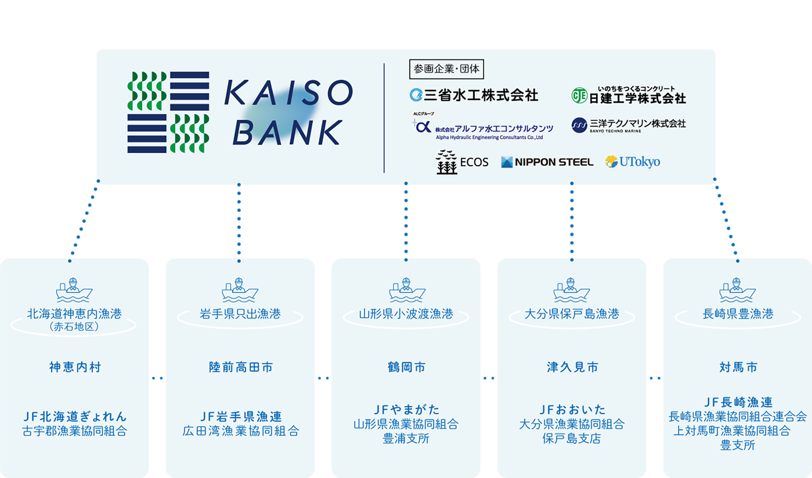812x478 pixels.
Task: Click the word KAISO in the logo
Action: pyautogui.click(x=288, y=93)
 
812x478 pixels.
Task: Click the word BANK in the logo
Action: pyautogui.click(x=287, y=132)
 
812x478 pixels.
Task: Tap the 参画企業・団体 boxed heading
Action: pyautogui.click(x=446, y=69)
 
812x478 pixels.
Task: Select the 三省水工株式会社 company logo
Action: pyautogui.click(x=474, y=95)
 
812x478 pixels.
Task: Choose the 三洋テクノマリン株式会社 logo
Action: pyautogui.click(x=629, y=125)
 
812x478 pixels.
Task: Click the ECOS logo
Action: pyautogui.click(x=462, y=162)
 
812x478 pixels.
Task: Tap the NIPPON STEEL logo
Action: pyautogui.click(x=547, y=162)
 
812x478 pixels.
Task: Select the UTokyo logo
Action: pyautogui.click(x=633, y=162)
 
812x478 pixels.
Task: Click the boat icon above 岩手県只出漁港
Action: pyautogui.click(x=239, y=290)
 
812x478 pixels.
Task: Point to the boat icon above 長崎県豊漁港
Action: pyautogui.click(x=737, y=290)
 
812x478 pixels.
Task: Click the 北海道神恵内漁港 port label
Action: pyautogui.click(x=74, y=314)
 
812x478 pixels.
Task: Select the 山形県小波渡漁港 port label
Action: pyautogui.click(x=406, y=314)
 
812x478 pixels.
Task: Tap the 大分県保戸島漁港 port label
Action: pyautogui.click(x=572, y=314)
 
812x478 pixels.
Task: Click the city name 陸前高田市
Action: pyautogui.click(x=241, y=367)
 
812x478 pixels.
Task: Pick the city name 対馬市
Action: pyautogui.click(x=738, y=367)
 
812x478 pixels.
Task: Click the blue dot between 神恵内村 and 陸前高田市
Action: pyautogui.click(x=157, y=378)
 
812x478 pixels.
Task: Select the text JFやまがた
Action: pyautogui.click(x=406, y=409)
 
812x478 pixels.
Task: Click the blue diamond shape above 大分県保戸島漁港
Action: pyautogui.click(x=572, y=221)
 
